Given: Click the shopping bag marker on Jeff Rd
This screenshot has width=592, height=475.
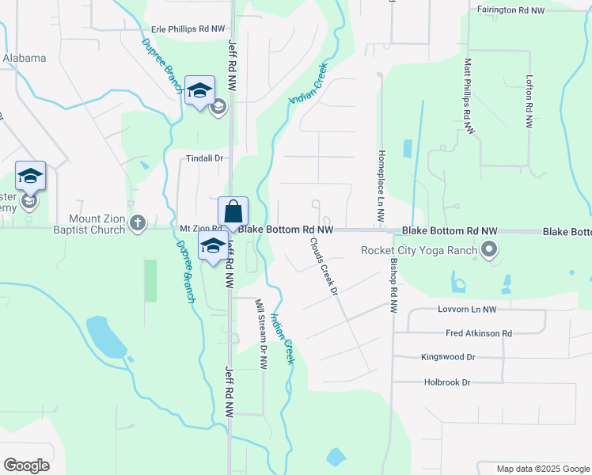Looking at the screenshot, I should [233, 213].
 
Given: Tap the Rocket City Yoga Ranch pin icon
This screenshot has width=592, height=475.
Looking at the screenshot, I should [489, 251].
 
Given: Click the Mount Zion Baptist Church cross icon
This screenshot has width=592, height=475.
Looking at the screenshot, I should [139, 223].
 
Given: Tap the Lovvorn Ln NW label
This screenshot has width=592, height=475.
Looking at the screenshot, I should [467, 310].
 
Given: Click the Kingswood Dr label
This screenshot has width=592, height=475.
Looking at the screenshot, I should [448, 357].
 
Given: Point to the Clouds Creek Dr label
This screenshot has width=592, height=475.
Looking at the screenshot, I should [324, 267].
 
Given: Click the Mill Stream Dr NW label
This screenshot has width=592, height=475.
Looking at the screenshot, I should [261, 333].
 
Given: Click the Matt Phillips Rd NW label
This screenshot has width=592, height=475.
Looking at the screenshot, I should [469, 88].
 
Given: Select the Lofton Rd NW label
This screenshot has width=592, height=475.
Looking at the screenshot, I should [529, 102].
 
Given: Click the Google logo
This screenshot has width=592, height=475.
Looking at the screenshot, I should [26, 465].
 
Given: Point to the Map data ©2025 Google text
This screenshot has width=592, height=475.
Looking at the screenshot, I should [542, 469].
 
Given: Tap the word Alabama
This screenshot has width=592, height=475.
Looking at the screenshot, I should [24, 58].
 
